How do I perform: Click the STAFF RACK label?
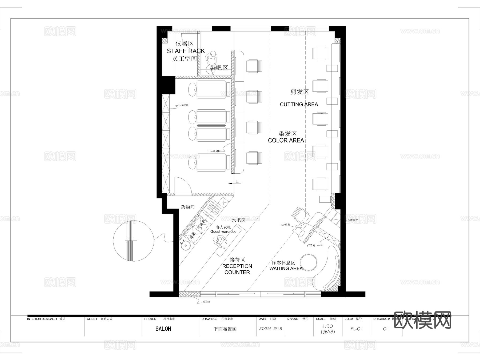pyautogui.click(x=186, y=51)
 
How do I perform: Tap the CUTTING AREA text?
pyautogui.click(x=299, y=105)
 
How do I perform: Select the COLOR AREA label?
pyautogui.click(x=286, y=141)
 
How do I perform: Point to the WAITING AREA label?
pyautogui.click(x=286, y=269)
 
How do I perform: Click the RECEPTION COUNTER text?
pyautogui.click(x=237, y=269)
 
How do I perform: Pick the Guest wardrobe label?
pyautogui.click(x=223, y=232)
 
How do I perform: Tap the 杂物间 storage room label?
pyautogui.click(x=188, y=207)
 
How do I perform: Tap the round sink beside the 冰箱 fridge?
pyautogui.click(x=185, y=245)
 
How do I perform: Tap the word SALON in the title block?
pyautogui.click(x=163, y=329)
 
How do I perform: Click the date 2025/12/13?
pyautogui.click(x=270, y=329)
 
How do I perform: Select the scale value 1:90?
pyautogui.click(x=327, y=326)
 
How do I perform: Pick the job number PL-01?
pyautogui.click(x=357, y=329)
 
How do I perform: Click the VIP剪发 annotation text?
pyautogui.click(x=285, y=225)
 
